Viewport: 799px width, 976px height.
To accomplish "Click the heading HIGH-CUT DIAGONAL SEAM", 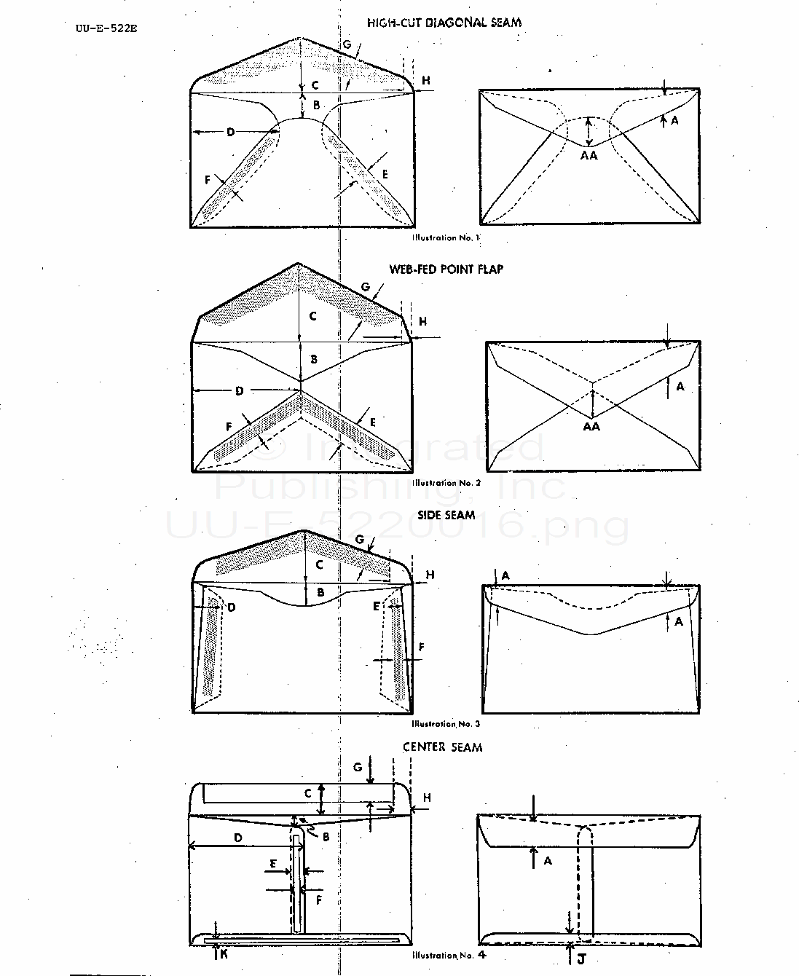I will click(x=444, y=23).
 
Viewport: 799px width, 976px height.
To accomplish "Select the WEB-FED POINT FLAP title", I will click(x=446, y=269).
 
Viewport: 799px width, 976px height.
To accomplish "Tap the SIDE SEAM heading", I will click(x=446, y=515).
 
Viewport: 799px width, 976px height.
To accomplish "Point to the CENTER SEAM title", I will click(x=442, y=747).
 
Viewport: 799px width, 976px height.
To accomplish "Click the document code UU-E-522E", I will click(x=106, y=29).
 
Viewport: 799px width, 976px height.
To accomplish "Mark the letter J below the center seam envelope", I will click(x=581, y=959).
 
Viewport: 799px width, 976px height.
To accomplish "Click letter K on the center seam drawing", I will click(x=224, y=954).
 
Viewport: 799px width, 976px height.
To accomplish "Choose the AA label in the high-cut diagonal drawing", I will click(x=589, y=155).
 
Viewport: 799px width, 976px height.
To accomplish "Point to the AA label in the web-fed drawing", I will click(x=591, y=427).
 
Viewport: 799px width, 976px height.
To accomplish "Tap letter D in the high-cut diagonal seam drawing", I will click(x=230, y=132).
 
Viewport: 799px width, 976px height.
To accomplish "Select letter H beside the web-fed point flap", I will click(x=423, y=321).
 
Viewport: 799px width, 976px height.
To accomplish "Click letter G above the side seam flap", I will click(x=359, y=540).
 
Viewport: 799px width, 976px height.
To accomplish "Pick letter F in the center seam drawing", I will click(x=319, y=900).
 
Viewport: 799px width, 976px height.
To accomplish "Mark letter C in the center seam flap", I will click(x=308, y=793).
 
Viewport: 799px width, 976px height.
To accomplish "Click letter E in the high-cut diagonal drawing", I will click(x=385, y=174).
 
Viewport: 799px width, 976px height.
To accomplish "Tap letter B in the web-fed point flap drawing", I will click(x=314, y=359).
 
